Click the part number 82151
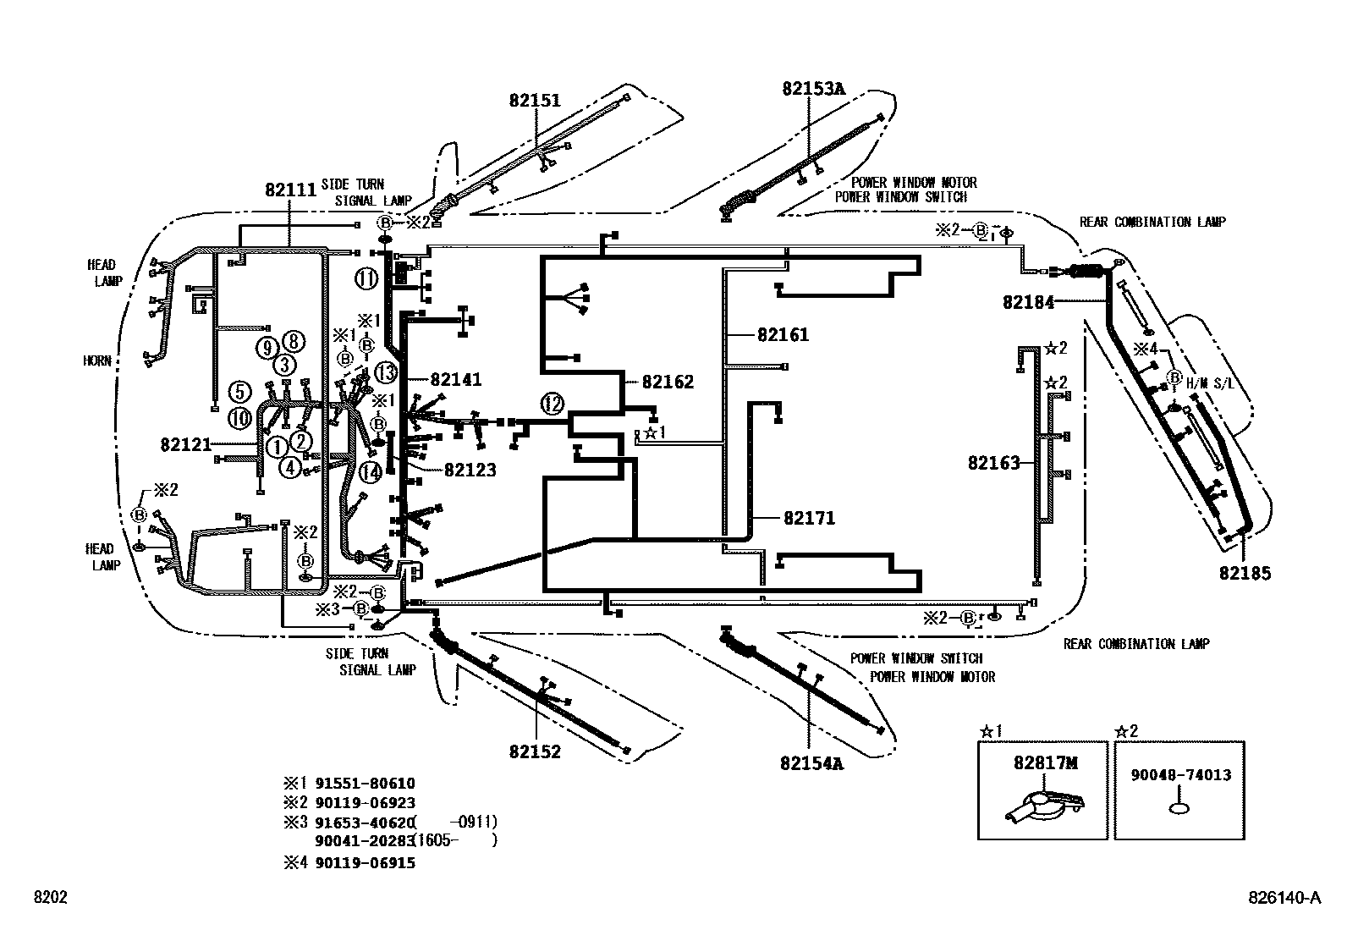(x=535, y=100)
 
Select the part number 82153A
(x=813, y=87)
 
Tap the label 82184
(x=1029, y=302)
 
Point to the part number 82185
(x=1245, y=573)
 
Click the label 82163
(x=994, y=463)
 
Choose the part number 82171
(x=809, y=518)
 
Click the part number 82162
(x=668, y=382)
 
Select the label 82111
(x=290, y=190)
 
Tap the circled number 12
(x=553, y=404)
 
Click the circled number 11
(x=366, y=278)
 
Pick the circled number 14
(x=370, y=472)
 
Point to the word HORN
(x=97, y=360)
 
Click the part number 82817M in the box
(x=1046, y=762)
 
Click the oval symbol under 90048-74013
(x=1180, y=809)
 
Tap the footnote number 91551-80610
(x=365, y=784)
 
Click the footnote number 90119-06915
(x=365, y=862)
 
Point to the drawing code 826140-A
(x=1284, y=898)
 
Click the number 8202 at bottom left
(x=50, y=898)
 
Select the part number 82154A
(x=812, y=763)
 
